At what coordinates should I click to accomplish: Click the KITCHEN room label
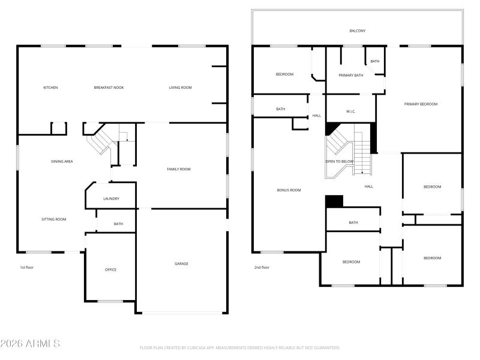50,88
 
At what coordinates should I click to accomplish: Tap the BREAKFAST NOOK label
109,88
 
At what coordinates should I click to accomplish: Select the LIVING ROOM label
180,88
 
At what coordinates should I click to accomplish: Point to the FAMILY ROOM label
179,169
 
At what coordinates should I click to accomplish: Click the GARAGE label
181,263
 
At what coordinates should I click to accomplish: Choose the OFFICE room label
110,269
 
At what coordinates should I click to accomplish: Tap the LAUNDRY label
111,199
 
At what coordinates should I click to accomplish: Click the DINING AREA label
62,161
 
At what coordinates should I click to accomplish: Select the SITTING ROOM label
53,219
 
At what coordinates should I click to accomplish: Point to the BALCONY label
358,31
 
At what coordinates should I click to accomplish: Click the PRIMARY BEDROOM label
421,104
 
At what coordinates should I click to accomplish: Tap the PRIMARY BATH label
350,75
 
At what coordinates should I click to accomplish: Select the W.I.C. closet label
351,112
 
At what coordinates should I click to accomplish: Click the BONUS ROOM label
289,190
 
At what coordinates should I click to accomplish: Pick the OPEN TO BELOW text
340,161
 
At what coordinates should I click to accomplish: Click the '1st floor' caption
26,267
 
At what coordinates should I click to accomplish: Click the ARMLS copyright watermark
30,344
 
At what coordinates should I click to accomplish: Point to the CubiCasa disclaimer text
240,347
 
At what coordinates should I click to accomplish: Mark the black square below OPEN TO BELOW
334,202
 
